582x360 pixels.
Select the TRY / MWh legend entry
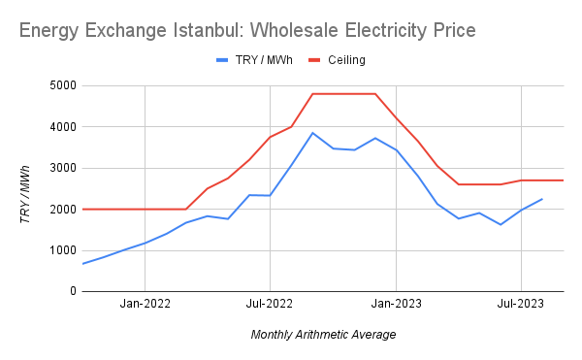coord(255,60)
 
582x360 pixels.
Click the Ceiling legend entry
coord(345,60)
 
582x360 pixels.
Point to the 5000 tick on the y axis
coord(60,85)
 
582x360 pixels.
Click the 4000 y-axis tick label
coord(60,127)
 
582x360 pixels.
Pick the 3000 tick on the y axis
coord(60,168)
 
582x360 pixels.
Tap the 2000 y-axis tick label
coord(60,210)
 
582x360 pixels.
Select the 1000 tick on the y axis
coord(60,250)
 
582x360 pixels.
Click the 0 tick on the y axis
coord(70,291)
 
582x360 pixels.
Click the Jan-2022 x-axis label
coord(145,305)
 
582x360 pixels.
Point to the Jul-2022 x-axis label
coord(270,305)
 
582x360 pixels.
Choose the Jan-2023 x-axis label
coord(396,305)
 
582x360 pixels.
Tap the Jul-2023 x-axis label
coord(521,305)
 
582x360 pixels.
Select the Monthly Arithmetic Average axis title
coord(323,335)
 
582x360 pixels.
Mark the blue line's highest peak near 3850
coord(312,133)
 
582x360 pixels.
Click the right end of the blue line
coord(542,199)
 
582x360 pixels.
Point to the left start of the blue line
coord(82,264)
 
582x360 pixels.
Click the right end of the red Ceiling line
coord(564,180)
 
